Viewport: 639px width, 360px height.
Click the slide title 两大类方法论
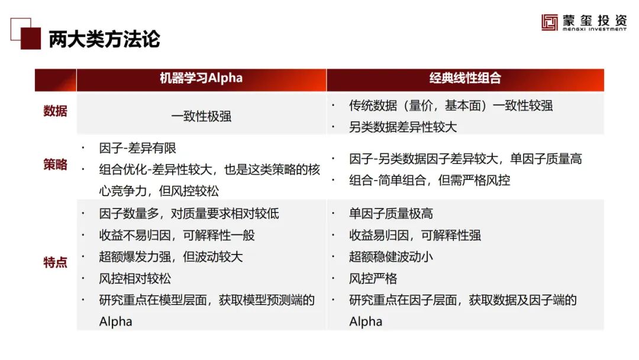tap(104, 40)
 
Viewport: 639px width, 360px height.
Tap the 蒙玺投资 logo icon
tap(549, 22)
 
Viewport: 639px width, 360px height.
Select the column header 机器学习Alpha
tap(201, 78)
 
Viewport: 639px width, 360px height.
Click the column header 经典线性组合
tap(465, 78)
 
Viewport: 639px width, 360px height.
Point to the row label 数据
tap(55, 111)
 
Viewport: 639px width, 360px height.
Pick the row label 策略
tap(55, 165)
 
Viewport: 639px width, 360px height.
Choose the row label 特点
tap(55, 262)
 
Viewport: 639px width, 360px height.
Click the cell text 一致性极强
tap(201, 117)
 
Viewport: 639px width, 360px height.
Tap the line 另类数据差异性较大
tap(403, 127)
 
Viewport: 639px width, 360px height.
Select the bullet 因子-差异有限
tap(137, 148)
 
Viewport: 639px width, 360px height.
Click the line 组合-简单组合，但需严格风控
tap(430, 180)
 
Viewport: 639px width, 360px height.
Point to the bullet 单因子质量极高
tap(391, 214)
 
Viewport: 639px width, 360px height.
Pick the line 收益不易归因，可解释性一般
tap(177, 235)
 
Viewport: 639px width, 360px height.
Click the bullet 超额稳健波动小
tap(391, 257)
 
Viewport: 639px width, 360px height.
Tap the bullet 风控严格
tap(373, 278)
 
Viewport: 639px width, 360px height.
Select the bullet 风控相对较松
tap(135, 278)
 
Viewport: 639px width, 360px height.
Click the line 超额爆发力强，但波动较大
tap(171, 257)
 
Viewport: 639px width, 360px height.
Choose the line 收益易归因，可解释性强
tap(415, 235)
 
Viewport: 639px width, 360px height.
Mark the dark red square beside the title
tap(31, 38)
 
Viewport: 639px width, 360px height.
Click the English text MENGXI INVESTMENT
tap(595, 30)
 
